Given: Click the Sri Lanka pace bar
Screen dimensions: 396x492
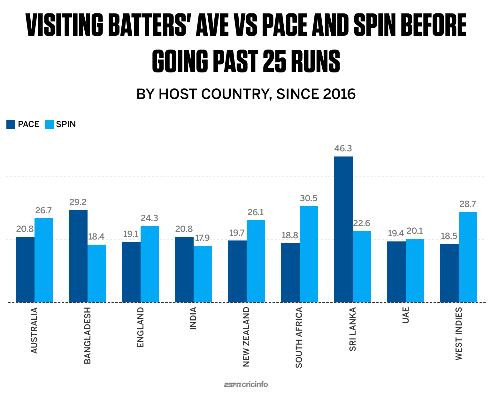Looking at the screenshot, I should [x=343, y=229].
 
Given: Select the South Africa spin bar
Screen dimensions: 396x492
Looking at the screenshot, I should [x=309, y=254].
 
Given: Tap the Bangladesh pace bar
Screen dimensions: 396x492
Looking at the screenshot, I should [x=78, y=256].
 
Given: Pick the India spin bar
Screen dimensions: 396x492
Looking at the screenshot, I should [x=203, y=274].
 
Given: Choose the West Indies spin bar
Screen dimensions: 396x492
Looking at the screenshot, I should [x=468, y=257].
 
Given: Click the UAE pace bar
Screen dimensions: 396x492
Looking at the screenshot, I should [x=396, y=272].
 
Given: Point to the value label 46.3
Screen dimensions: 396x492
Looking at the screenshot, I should [x=343, y=148].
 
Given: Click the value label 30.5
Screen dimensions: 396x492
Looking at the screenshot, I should [x=309, y=198].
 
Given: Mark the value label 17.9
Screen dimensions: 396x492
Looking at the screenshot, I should [x=202, y=238].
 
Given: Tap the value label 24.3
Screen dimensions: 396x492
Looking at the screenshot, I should [x=150, y=218].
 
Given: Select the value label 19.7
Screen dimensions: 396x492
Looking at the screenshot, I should [x=237, y=233].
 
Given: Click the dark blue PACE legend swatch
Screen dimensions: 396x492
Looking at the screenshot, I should [x=11, y=125].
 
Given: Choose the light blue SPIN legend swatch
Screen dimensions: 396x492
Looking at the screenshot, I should [x=49, y=125].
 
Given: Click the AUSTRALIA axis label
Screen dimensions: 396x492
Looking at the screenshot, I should [x=34, y=330].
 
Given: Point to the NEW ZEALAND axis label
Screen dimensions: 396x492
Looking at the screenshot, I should [x=246, y=337].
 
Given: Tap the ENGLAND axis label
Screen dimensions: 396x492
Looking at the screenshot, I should [x=140, y=327].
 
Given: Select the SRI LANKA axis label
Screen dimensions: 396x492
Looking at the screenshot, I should [x=352, y=329].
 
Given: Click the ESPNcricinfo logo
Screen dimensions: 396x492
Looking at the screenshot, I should [x=246, y=385].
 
